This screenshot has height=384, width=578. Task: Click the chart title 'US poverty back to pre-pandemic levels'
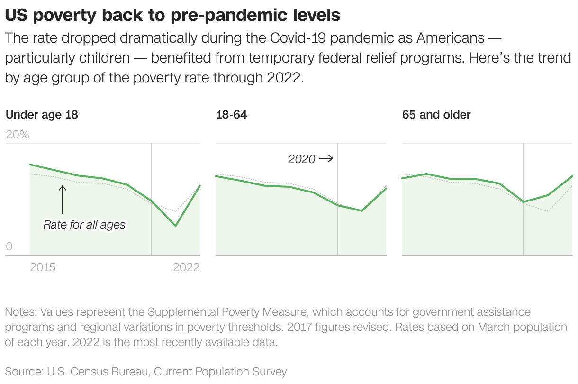click(x=172, y=15)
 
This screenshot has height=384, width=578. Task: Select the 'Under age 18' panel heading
click(x=42, y=115)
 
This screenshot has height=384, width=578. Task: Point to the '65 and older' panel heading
click(x=436, y=115)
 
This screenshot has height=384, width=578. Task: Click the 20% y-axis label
click(x=18, y=135)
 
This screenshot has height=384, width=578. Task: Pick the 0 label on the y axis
click(x=9, y=247)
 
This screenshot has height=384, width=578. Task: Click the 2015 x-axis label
click(x=43, y=267)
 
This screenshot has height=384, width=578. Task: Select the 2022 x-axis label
click(x=186, y=267)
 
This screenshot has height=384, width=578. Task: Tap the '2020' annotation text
click(x=302, y=159)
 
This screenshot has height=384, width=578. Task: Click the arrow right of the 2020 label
click(x=326, y=159)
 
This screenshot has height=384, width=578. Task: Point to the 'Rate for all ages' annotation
click(x=84, y=225)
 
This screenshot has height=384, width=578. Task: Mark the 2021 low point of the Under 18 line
click(x=175, y=226)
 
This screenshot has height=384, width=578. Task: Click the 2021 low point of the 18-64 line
click(x=362, y=211)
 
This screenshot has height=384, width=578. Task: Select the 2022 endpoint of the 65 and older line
click(x=572, y=176)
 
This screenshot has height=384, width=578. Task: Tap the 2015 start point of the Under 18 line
click(x=30, y=165)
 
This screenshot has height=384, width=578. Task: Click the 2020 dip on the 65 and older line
click(x=524, y=202)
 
